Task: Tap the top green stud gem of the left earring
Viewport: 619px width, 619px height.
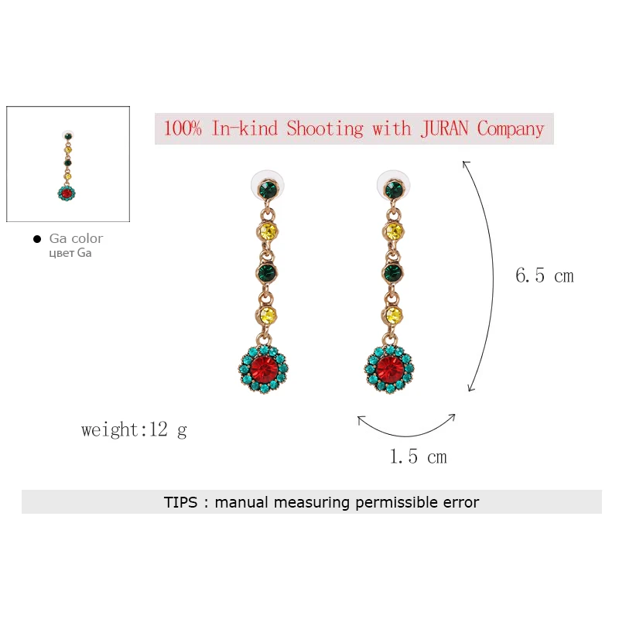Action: coord(268,188)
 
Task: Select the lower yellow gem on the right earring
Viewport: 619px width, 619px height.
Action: coord(393,315)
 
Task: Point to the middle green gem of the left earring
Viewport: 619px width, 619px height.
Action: coord(268,272)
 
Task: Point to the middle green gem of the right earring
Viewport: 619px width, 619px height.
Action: coord(393,272)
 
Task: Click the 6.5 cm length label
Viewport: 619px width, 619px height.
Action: coord(544,275)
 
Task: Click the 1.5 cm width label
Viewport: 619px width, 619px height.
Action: coord(418,457)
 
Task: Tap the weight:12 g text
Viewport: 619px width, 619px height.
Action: coord(134,429)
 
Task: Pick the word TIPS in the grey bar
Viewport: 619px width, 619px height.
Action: coord(181,502)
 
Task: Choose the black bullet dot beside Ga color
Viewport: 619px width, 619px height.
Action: coord(37,239)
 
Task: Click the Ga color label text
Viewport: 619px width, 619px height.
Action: coord(76,238)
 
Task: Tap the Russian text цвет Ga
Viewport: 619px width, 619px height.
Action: coord(70,253)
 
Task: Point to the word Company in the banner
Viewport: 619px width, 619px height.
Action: coord(511,128)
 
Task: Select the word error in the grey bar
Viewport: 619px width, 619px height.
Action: coord(460,502)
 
